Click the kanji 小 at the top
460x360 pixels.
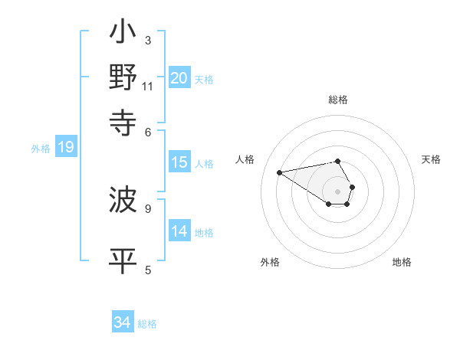coord(123,34)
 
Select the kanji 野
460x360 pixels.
coord(123,77)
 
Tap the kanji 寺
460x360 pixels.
coord(123,122)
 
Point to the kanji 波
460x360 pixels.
coord(123,201)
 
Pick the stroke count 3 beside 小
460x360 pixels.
coord(147,40)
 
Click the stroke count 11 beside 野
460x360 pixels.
coord(147,87)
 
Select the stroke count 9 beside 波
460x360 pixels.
coord(147,208)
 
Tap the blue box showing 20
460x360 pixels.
coord(179,78)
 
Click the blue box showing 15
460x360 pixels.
coord(179,162)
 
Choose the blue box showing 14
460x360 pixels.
coord(179,231)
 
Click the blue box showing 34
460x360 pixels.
coord(123,323)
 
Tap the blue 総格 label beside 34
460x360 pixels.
coord(147,325)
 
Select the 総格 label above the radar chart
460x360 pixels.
coord(338,100)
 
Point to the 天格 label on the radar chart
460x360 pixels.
coord(431,159)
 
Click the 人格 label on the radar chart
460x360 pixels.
coord(245,159)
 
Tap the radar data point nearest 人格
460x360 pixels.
coord(280,172)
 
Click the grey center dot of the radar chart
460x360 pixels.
coord(338,191)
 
